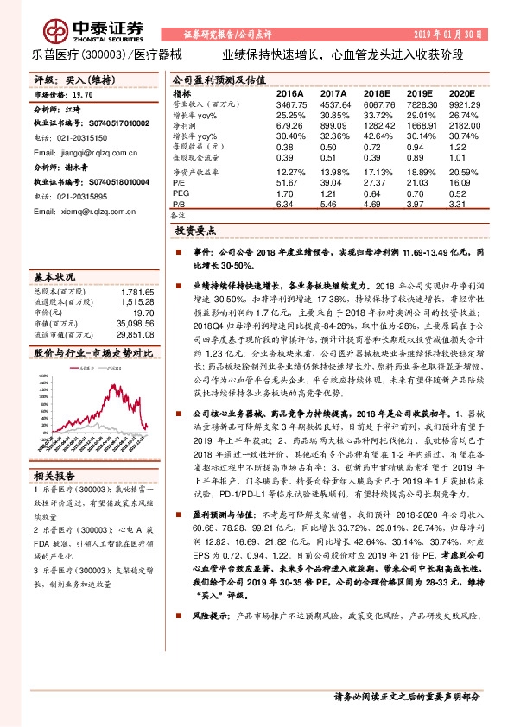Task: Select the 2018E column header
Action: [378, 93]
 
